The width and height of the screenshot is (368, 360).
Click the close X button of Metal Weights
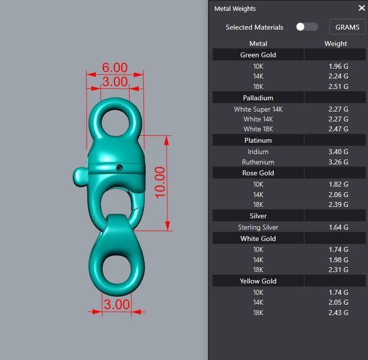pos(362,8)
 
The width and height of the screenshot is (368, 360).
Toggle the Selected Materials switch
pos(307,27)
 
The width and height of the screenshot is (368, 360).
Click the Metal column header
pos(258,43)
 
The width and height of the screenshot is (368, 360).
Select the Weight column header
pos(335,43)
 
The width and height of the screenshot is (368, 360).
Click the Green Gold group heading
pos(258,55)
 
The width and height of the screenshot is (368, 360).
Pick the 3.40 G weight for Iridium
pos(338,152)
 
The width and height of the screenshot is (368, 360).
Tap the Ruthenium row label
pos(258,162)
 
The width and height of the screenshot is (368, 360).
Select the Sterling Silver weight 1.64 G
pos(338,227)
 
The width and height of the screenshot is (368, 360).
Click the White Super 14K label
pos(258,109)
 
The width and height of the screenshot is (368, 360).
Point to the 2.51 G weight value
pos(338,86)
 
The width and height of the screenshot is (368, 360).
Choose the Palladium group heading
pos(258,98)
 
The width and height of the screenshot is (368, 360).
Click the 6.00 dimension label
pos(115,68)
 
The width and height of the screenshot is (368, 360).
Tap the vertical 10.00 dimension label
pos(160,182)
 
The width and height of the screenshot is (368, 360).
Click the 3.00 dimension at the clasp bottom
pos(116,304)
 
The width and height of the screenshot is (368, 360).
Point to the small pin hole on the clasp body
pos(119,168)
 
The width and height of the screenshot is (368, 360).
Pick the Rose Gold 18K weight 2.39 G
pos(338,204)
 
